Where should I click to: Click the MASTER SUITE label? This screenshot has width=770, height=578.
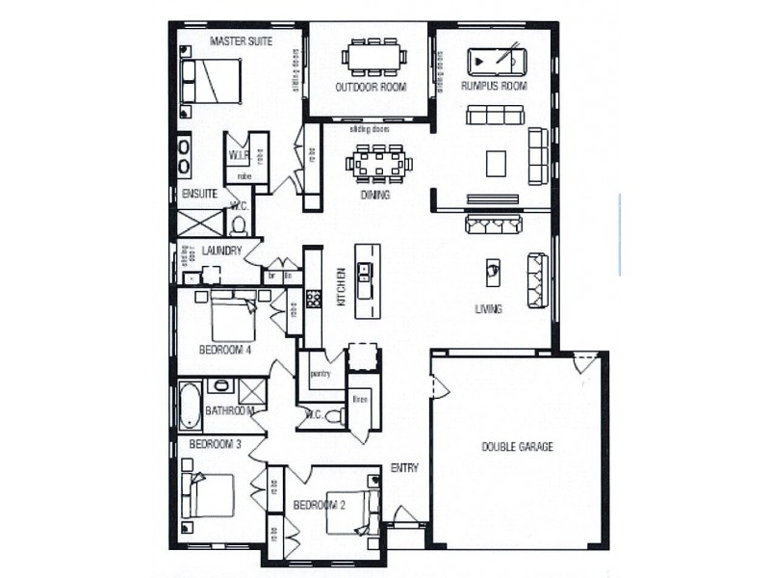(x=241, y=41)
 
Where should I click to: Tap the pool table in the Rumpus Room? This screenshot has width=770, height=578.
(x=495, y=62)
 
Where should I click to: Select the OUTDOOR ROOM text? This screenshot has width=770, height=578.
(x=371, y=88)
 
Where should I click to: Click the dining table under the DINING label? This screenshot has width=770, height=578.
(x=379, y=163)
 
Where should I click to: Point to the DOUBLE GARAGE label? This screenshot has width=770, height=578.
(x=517, y=447)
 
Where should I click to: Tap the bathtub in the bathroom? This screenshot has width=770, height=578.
(x=190, y=405)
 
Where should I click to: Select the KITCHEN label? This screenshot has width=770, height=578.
(x=340, y=287)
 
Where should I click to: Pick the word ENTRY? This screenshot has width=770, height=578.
(x=404, y=469)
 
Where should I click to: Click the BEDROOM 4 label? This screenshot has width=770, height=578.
(x=225, y=350)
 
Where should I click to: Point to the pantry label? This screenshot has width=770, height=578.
(x=321, y=372)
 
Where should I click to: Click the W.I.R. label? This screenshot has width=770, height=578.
(x=239, y=155)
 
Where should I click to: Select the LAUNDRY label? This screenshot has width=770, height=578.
(x=220, y=251)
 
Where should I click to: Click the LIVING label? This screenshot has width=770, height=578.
(x=488, y=309)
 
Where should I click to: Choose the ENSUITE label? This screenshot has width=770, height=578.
(x=199, y=194)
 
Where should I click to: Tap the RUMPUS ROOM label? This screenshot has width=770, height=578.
(x=495, y=87)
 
